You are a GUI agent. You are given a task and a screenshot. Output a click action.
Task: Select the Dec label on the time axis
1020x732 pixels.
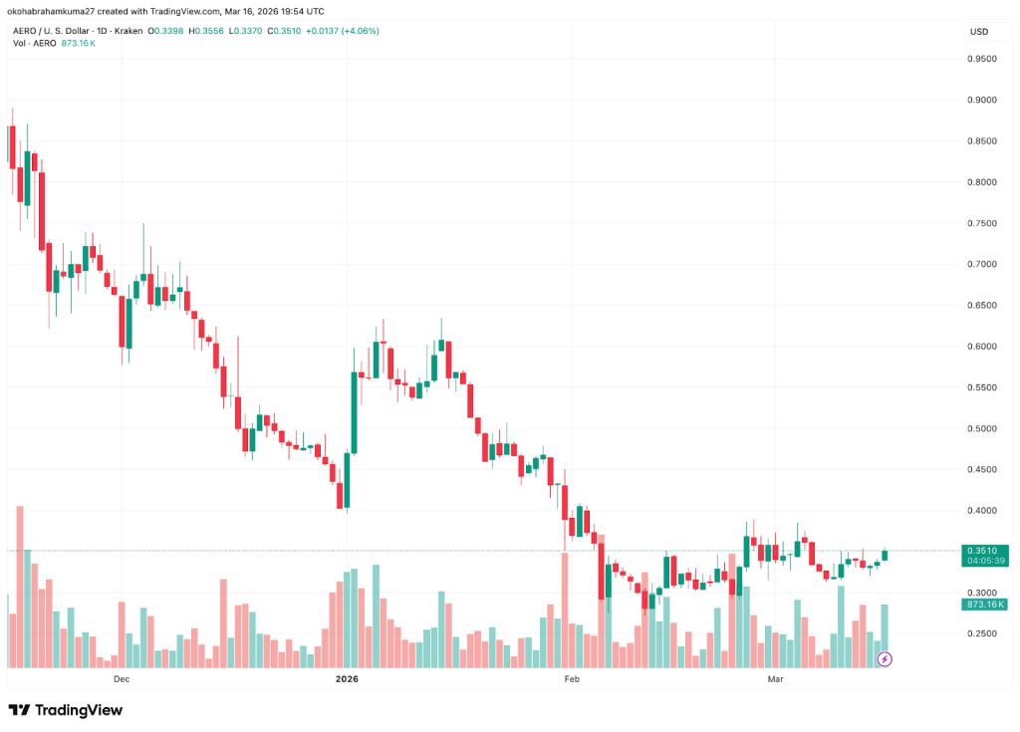(x=122, y=679)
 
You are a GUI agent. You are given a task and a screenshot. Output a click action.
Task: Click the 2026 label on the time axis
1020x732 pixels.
(x=347, y=679)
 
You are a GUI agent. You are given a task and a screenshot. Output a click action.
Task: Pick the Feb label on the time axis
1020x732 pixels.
(x=572, y=679)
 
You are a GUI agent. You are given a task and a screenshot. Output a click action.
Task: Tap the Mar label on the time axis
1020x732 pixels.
(x=776, y=679)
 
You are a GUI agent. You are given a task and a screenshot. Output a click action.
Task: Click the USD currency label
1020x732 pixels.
(x=978, y=32)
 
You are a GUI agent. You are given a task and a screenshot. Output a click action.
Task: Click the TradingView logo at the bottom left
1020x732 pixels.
(x=66, y=710)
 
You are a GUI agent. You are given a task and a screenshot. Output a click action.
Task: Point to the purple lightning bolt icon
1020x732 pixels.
(x=884, y=658)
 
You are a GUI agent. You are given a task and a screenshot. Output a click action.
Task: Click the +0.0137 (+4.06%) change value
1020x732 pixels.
(x=342, y=31)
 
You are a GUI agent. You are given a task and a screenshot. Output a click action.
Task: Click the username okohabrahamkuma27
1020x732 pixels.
(x=53, y=11)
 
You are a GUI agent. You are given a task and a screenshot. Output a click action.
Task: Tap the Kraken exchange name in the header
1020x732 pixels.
(x=127, y=31)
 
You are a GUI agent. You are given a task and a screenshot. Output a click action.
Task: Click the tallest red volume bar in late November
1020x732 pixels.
(x=20, y=587)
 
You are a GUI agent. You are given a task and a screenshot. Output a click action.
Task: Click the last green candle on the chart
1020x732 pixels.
(x=885, y=555)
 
